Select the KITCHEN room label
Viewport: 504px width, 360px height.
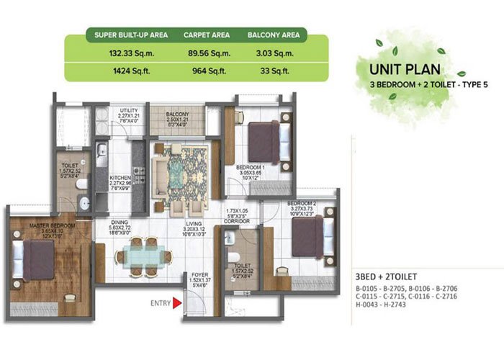(119, 176)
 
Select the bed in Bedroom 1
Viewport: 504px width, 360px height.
(264, 134)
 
